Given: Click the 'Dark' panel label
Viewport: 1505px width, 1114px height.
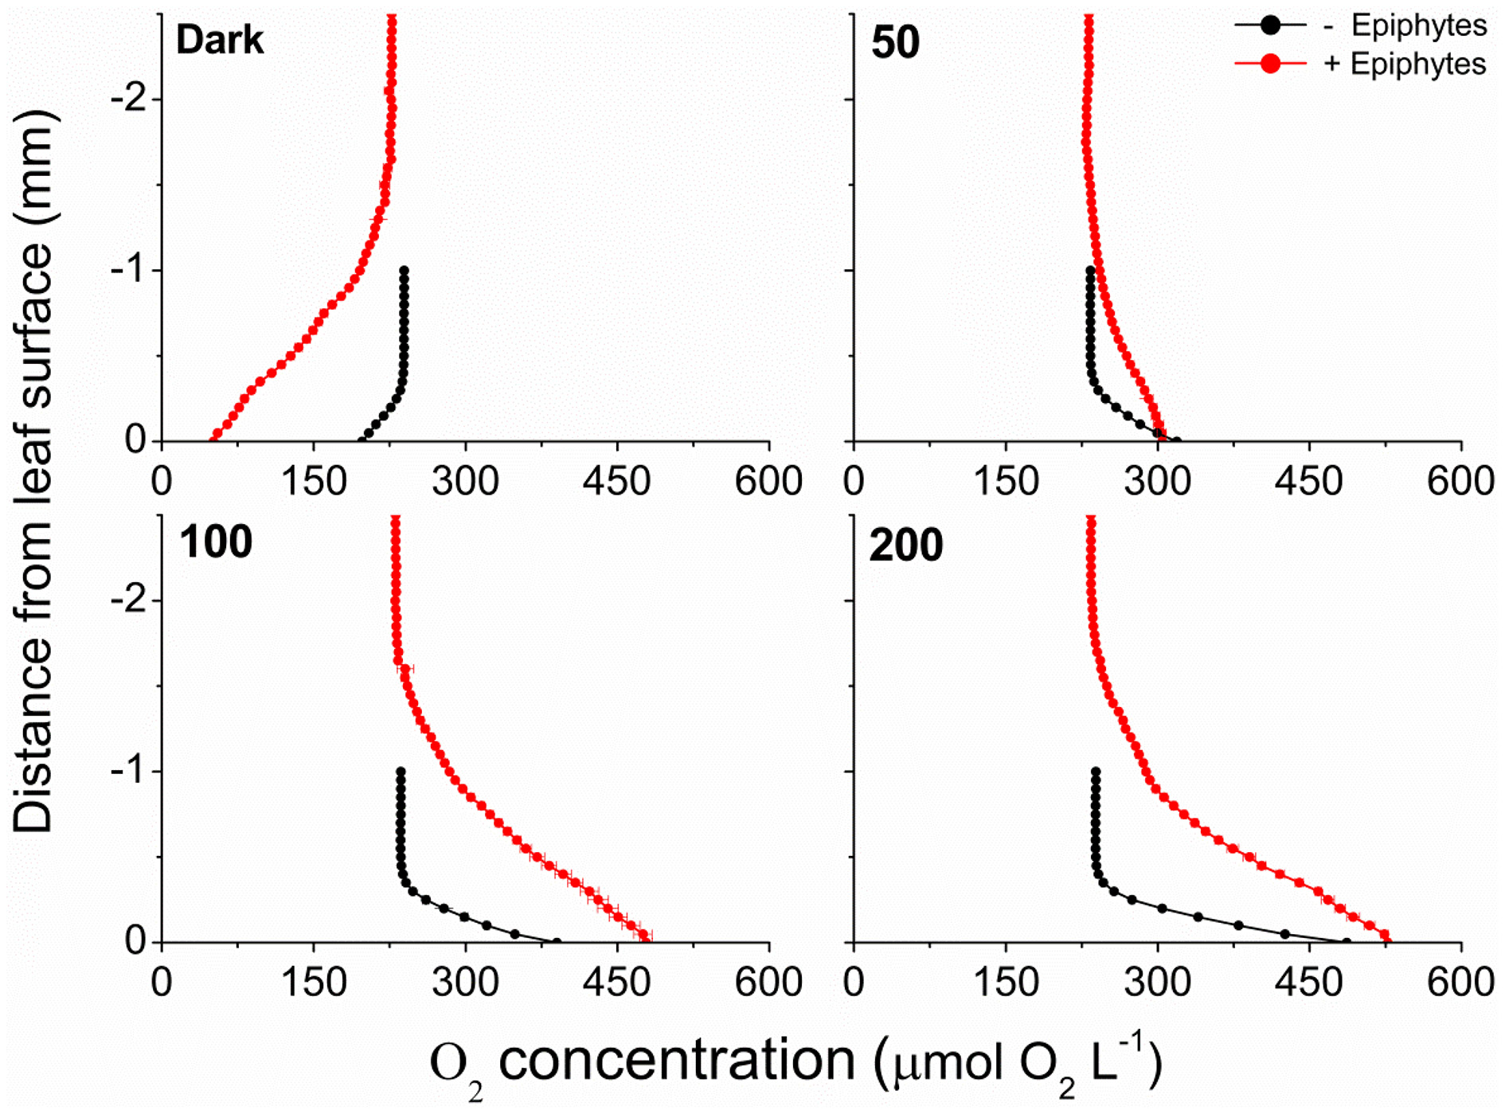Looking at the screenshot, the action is pyautogui.click(x=219, y=40).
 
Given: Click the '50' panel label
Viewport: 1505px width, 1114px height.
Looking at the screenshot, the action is pyautogui.click(x=895, y=42).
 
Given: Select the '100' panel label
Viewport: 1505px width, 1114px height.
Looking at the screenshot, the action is pyautogui.click(x=215, y=542).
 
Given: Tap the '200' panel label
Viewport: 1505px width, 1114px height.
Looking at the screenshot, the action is pyautogui.click(x=905, y=545).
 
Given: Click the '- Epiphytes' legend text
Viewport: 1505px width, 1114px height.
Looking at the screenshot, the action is pyautogui.click(x=1405, y=25).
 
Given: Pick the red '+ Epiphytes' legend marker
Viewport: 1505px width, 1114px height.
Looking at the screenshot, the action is pyautogui.click(x=1270, y=64).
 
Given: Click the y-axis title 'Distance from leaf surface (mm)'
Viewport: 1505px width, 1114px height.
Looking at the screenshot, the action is pyautogui.click(x=33, y=470).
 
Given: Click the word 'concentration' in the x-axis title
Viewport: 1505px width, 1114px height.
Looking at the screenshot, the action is pyautogui.click(x=677, y=1061).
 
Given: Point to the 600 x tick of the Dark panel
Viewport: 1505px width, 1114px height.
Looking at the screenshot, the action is pyautogui.click(x=768, y=482).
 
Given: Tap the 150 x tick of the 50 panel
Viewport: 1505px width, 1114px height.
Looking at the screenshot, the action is pyautogui.click(x=1006, y=482).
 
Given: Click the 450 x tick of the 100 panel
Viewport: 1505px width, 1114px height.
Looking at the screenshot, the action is pyautogui.click(x=616, y=983).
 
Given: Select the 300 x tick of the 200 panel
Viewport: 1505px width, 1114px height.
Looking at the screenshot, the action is pyautogui.click(x=1157, y=983).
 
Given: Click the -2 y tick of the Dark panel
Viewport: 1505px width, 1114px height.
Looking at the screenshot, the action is pyautogui.click(x=127, y=100).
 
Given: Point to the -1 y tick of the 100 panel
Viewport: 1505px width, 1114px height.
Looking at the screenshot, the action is pyautogui.click(x=127, y=771).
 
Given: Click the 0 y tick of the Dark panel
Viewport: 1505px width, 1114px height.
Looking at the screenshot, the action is pyautogui.click(x=135, y=440).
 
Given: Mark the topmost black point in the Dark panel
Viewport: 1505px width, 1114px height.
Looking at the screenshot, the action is pyautogui.click(x=404, y=271).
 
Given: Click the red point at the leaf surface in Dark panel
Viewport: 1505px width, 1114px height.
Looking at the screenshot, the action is pyautogui.click(x=214, y=434).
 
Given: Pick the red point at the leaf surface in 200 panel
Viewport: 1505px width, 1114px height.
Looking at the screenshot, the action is pyautogui.click(x=1384, y=935).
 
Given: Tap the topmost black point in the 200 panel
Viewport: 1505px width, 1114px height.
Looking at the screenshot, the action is pyautogui.click(x=1096, y=772).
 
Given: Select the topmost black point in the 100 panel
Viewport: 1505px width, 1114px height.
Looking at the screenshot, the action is pyautogui.click(x=401, y=772).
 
